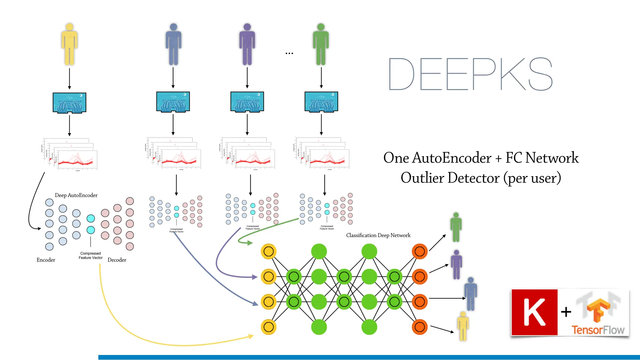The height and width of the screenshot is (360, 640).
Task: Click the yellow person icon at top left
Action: tap(69, 44)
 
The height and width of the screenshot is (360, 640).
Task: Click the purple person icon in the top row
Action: tap(247, 44)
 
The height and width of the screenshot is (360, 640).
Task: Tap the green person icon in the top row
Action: tap(321, 44)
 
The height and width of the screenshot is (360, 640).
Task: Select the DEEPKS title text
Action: tap(471, 74)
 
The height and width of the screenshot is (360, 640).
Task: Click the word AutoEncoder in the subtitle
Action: tap(452, 158)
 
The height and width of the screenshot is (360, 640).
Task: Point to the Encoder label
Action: tap(46, 260)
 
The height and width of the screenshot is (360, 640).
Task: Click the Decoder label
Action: tap(117, 260)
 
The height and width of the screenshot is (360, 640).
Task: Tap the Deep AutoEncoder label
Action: tap(76, 195)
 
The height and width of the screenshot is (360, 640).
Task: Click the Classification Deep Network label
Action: tap(378, 235)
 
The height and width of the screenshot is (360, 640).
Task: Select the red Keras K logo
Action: tap(534, 312)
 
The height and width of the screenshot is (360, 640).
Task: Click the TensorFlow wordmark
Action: tap(598, 330)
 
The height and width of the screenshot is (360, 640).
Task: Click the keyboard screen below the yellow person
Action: tap(69, 102)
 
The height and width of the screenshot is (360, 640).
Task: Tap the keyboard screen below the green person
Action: tap(321, 102)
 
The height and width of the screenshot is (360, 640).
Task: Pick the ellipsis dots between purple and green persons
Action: tap(289, 53)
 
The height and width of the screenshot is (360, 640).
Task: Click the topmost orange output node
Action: tap(420, 251)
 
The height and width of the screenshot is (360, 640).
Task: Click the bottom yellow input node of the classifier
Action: tap(268, 327)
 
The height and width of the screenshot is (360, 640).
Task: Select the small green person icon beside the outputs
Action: tap(456, 227)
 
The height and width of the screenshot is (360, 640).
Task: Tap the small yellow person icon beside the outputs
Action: tap(463, 326)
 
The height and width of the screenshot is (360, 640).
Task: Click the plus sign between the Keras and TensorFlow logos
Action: tap(566, 312)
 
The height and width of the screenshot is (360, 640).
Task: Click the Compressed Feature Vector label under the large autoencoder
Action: tap(91, 256)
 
